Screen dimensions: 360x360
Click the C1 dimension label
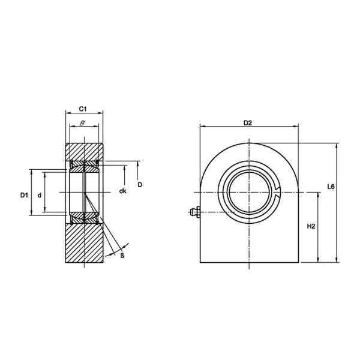(84, 109)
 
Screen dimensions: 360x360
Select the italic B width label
(83, 124)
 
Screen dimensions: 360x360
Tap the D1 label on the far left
(23, 195)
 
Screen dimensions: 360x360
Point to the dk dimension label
(122, 191)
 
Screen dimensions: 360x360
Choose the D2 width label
(247, 123)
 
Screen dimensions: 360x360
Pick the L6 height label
(331, 187)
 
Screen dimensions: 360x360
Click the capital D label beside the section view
(140, 184)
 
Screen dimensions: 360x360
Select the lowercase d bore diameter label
(39, 195)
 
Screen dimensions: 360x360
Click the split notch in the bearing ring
(277, 191)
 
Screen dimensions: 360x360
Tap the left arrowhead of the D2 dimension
(202, 127)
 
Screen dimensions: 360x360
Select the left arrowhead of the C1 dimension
(67, 113)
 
